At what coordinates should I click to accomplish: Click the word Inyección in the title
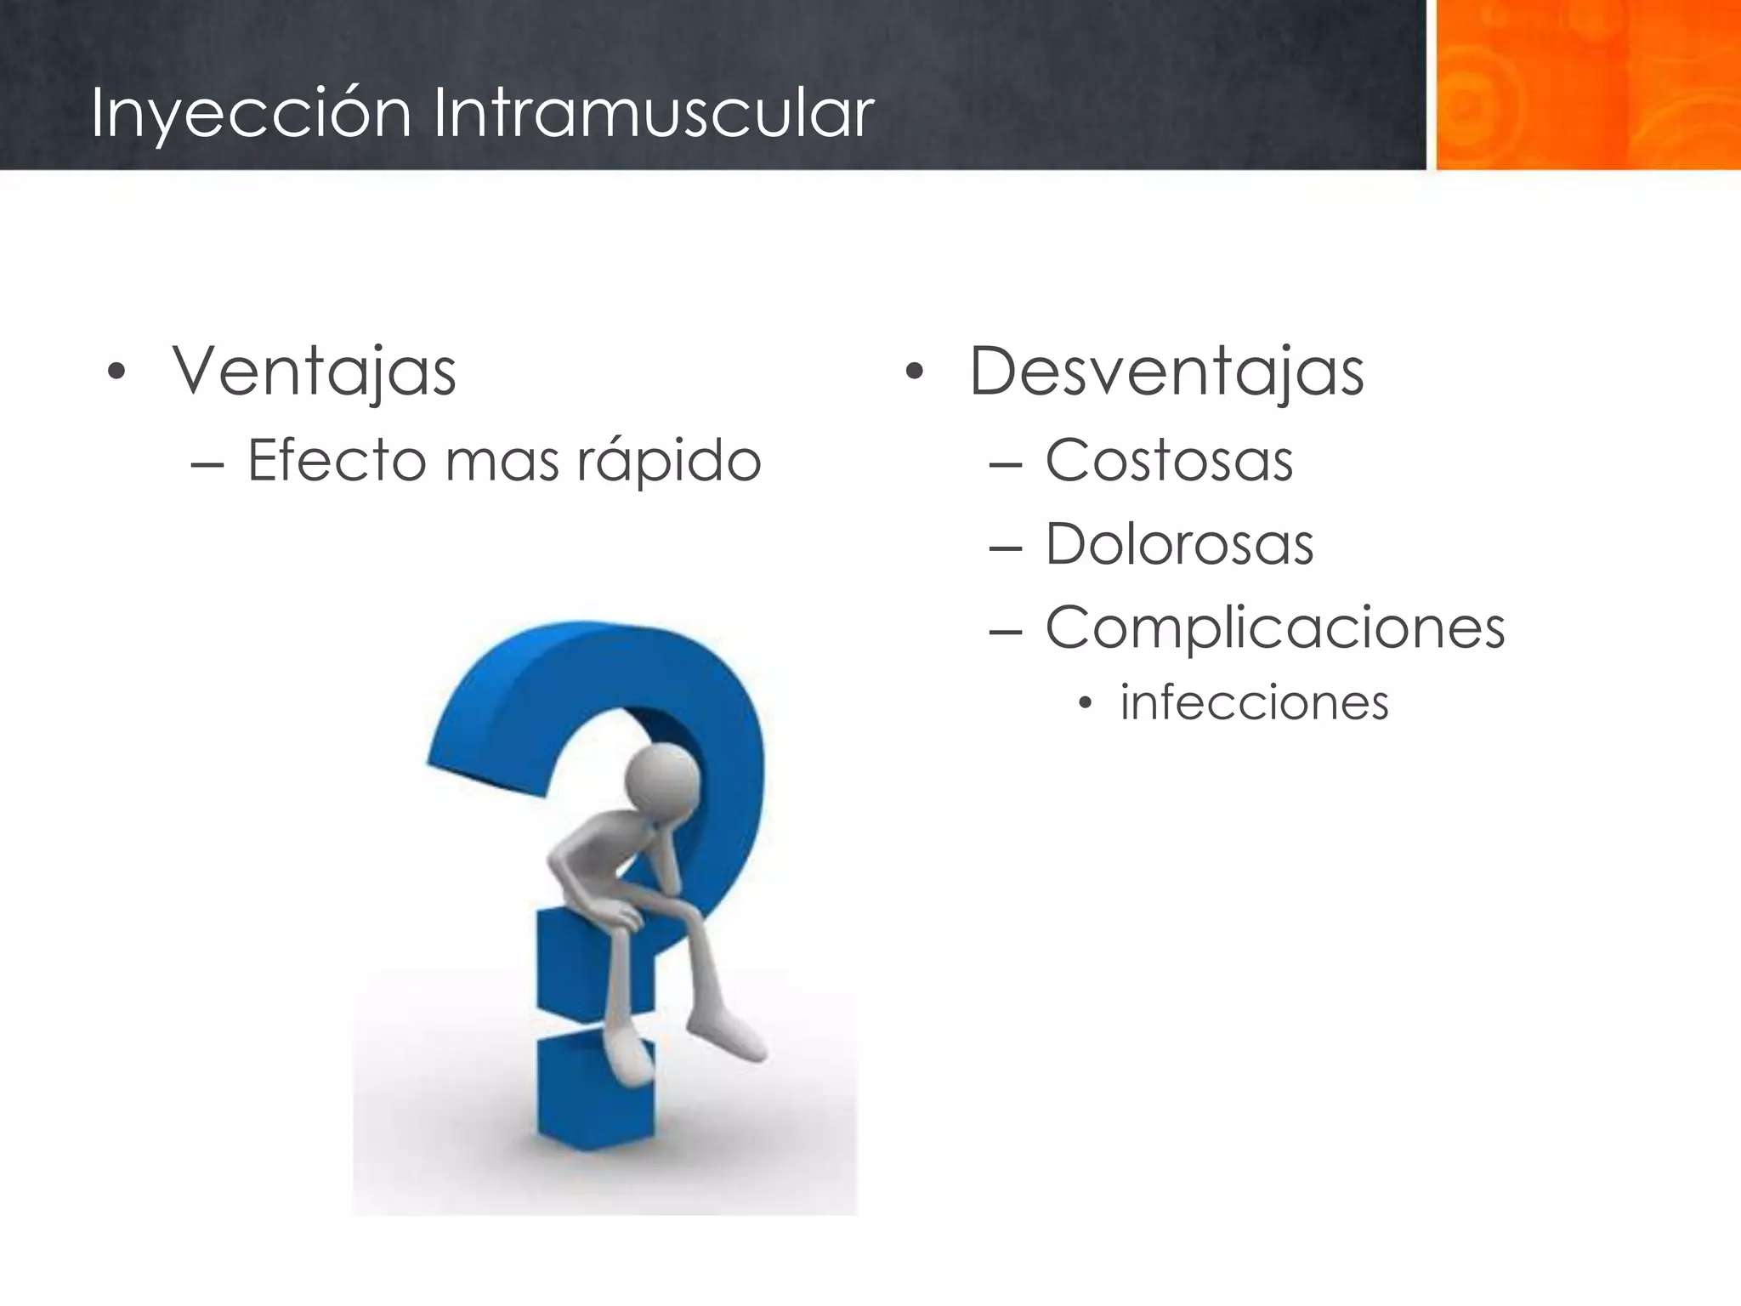251,113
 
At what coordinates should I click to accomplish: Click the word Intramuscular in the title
653,113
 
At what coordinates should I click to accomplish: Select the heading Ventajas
314,372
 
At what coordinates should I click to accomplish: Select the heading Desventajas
1166,372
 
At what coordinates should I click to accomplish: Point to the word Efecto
337,461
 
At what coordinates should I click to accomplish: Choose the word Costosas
1169,461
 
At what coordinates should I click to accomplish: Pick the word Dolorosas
1179,544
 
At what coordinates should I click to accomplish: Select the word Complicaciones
1274,628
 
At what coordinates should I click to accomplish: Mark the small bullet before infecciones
1083,704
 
